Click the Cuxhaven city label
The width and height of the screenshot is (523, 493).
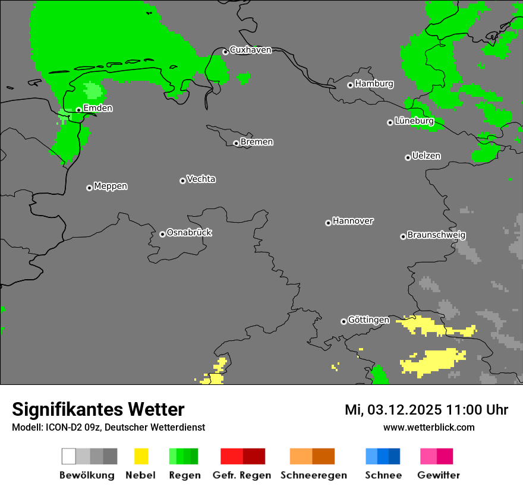250,50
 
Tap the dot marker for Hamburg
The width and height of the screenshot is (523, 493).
350,85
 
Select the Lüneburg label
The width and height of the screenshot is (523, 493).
414,121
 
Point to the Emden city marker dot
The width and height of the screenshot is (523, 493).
78,110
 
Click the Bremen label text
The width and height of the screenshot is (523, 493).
257,142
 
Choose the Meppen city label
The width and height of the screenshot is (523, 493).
111,186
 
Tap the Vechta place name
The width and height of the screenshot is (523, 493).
201,179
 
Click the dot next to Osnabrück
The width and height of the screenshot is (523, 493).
162,234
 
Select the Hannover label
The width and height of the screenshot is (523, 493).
353,221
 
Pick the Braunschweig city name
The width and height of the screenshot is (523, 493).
436,235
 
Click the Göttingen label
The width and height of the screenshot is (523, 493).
368,320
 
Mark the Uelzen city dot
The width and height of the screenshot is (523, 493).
408,157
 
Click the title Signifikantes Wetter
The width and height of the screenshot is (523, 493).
98,409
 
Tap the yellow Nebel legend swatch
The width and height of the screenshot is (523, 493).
141,456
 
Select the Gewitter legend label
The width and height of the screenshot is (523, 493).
439,475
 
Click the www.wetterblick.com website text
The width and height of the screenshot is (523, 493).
429,427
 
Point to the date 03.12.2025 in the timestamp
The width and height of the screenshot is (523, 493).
401,410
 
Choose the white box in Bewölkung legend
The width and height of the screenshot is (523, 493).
69,456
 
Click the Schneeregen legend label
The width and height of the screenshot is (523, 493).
313,475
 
